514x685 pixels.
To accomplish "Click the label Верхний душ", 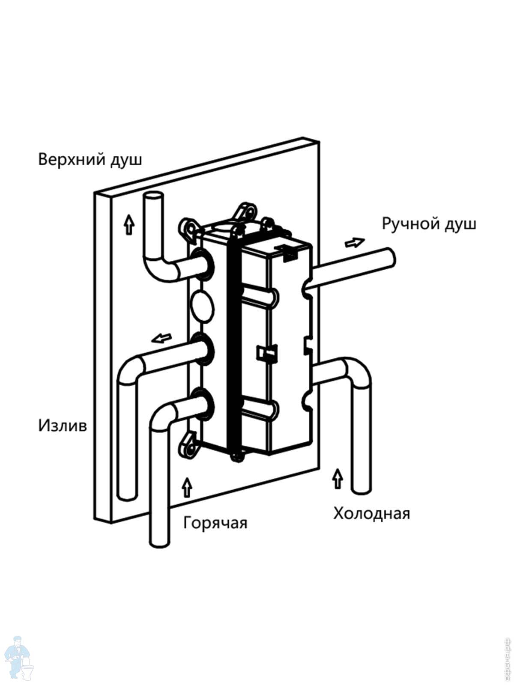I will point(90,160).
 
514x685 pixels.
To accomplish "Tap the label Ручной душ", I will point(429,224).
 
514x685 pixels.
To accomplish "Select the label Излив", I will point(63,426).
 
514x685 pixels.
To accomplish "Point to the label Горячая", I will point(215,523).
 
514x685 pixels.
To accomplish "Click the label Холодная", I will point(371,513).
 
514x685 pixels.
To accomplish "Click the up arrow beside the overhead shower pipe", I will point(128,225).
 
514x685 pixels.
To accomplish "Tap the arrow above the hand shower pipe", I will point(354,242).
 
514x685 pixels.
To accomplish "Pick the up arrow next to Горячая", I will point(187,487).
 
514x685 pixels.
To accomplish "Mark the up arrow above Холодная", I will point(338,478).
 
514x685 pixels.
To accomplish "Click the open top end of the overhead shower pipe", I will point(153,200).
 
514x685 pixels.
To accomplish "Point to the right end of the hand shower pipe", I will point(389,258).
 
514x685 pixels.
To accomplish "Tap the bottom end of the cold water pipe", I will point(361,489).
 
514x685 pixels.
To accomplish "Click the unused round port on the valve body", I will point(201,304).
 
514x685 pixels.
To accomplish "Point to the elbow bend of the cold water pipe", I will point(358,370).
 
